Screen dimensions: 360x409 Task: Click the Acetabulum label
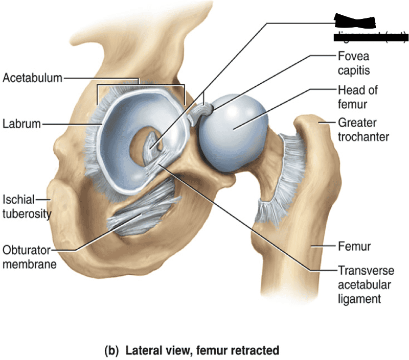pyautogui.click(x=32, y=78)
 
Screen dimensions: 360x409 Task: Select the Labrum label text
pyautogui.click(x=21, y=124)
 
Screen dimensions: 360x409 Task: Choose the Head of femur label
pyautogui.click(x=357, y=97)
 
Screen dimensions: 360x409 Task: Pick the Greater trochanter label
pyautogui.click(x=363, y=130)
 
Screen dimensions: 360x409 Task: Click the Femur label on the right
pyautogui.click(x=354, y=247)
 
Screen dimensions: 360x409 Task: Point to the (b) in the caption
pyautogui.click(x=111, y=351)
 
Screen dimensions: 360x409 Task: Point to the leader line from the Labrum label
pyautogui.click(x=72, y=124)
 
